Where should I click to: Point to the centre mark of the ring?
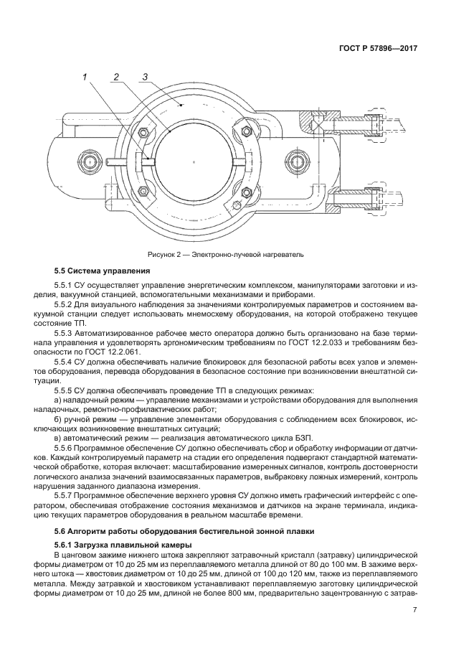pos(194,162)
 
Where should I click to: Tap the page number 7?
pos(414,610)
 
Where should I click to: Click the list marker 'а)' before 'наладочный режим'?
pos(58,399)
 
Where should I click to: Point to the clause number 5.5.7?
pos(66,495)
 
